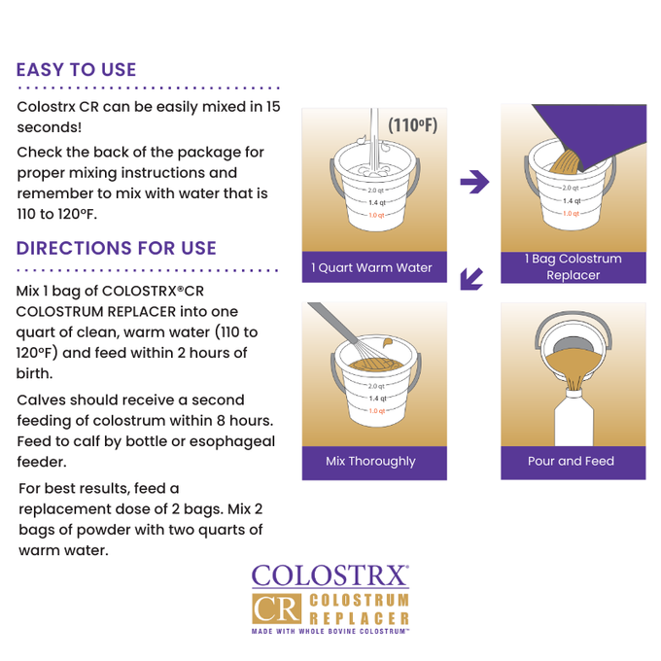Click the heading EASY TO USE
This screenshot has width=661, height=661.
coord(76,70)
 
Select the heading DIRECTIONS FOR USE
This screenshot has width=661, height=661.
coord(116,248)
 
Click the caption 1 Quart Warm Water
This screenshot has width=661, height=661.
coord(371,267)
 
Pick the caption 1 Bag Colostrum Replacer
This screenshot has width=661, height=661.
coord(573,267)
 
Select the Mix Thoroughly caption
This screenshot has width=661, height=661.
coord(370,462)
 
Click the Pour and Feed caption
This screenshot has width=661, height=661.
coord(571,462)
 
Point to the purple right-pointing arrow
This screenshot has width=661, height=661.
coord(473,182)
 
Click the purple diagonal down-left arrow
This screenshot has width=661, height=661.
coord(471,279)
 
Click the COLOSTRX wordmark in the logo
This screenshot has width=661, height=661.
coord(330,575)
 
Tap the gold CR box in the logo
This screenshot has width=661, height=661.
coord(275,609)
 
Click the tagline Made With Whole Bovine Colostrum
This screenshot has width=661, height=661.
coord(330,632)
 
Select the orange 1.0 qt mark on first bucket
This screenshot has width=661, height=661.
coord(375,215)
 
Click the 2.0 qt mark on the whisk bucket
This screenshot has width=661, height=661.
coord(375,386)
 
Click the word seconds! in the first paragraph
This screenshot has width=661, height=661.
coord(49,127)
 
